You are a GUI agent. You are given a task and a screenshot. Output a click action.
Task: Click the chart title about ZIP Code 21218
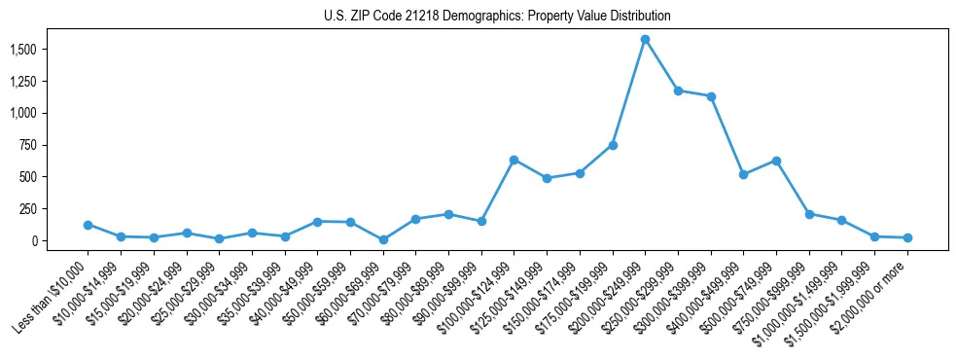tap(497, 17)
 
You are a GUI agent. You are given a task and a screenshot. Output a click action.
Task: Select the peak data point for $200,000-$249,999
tap(645, 39)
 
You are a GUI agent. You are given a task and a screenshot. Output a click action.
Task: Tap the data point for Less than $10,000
tap(88, 225)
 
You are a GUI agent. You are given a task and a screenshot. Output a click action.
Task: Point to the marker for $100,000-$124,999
tap(514, 160)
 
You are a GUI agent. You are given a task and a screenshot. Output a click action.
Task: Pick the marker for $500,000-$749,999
tap(776, 161)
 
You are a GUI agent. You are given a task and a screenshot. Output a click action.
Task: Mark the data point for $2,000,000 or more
tap(907, 237)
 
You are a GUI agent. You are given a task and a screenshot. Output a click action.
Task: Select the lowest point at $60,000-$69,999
tap(383, 239)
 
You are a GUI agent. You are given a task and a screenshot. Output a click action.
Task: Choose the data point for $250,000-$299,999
tap(678, 90)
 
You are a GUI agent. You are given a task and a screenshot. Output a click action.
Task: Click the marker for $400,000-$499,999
tap(743, 174)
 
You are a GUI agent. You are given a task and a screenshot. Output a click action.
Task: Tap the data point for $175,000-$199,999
tap(613, 145)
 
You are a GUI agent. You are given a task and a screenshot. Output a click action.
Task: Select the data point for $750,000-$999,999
tap(809, 214)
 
